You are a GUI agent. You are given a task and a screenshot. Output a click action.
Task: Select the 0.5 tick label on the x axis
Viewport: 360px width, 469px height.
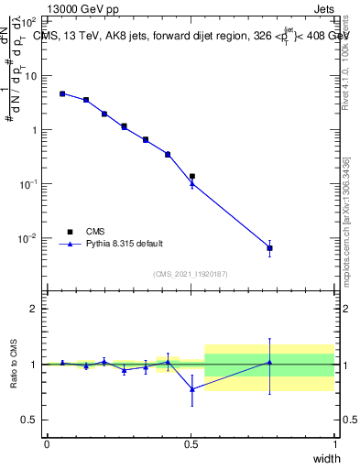(x=191, y=444)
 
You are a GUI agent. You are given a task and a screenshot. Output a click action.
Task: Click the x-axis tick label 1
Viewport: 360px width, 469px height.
(x=334, y=444)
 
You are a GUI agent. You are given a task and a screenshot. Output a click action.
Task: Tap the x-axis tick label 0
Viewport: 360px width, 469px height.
(x=47, y=444)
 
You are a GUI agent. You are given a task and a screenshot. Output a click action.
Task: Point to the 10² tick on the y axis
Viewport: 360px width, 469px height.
(x=31, y=21)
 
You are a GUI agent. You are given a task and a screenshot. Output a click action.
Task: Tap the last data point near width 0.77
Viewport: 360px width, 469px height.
(x=269, y=248)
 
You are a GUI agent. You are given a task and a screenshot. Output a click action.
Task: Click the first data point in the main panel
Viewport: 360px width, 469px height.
(x=62, y=93)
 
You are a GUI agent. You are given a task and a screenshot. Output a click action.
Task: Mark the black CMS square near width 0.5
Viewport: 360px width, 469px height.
(x=191, y=176)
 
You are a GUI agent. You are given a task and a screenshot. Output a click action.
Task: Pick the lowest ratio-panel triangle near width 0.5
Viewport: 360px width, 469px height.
(x=191, y=389)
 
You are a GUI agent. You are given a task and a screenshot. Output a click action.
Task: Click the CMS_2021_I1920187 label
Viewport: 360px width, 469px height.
(x=191, y=274)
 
